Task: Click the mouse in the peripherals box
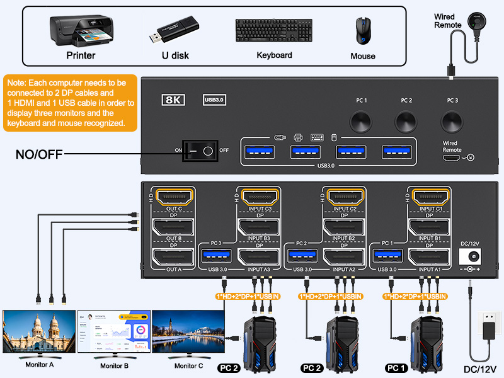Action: click(362, 30)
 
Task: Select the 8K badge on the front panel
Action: click(173, 100)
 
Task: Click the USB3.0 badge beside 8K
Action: click(214, 100)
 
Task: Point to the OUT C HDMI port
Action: click(173, 197)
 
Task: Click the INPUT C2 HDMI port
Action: click(345, 197)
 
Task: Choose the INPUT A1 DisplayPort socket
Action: click(430, 257)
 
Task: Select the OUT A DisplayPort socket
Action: click(173, 257)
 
